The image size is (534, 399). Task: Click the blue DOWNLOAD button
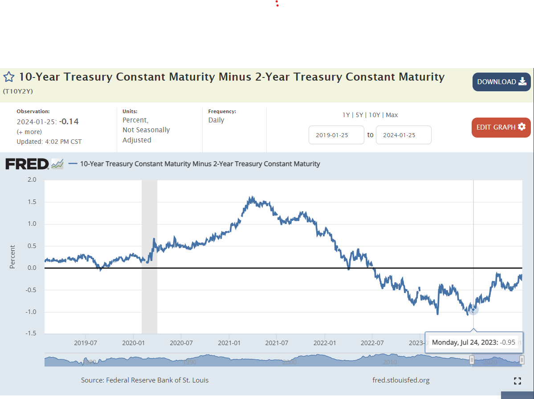[x=501, y=82]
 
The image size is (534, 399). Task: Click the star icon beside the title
[x=9, y=77]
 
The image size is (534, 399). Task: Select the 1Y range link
[x=346, y=115]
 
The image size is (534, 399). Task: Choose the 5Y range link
[x=359, y=115]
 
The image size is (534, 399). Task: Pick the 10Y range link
[x=375, y=115]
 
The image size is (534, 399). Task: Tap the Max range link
[x=392, y=115]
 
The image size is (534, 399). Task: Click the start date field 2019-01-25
[x=336, y=135]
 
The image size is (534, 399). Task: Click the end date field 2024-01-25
[x=404, y=135]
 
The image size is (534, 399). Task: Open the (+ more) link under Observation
[x=29, y=132]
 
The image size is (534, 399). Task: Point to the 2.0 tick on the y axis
[x=32, y=180]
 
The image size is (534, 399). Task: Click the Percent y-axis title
[x=12, y=256]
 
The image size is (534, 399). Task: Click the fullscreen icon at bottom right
[x=517, y=380]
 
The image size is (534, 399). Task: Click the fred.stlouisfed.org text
[x=401, y=380]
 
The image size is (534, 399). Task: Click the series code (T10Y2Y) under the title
[x=18, y=91]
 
